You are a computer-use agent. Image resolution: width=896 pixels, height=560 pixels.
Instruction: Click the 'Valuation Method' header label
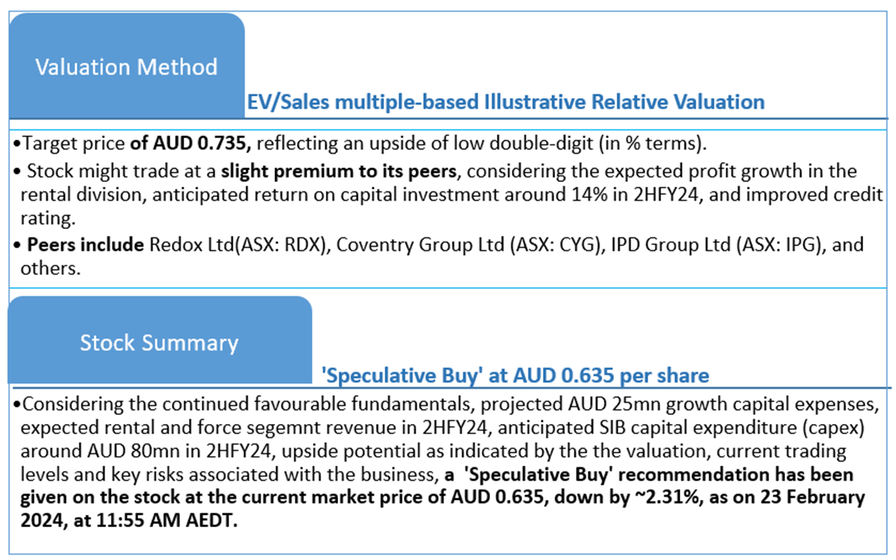(x=127, y=67)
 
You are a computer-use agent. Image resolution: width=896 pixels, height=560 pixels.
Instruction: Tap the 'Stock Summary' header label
(x=159, y=343)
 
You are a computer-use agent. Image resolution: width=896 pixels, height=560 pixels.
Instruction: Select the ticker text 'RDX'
(x=305, y=245)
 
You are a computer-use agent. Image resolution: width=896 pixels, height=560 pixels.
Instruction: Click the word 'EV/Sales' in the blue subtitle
(x=288, y=101)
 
